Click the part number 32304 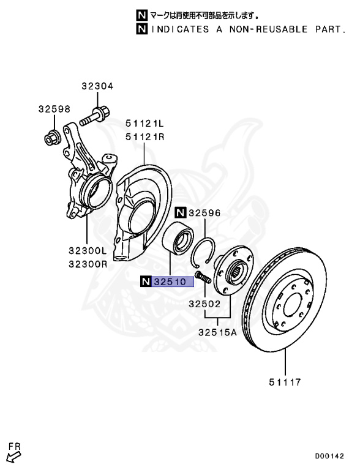(97, 86)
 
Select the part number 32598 (54, 109)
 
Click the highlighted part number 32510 (173, 282)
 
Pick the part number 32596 (204, 213)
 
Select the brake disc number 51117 (284, 383)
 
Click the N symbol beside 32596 (179, 213)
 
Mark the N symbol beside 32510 (145, 282)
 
